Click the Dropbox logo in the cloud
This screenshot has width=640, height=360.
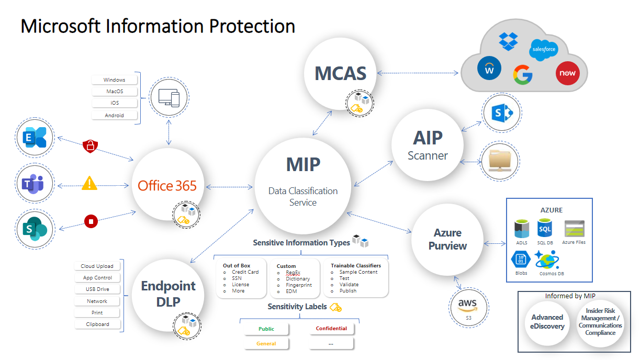pos(508,41)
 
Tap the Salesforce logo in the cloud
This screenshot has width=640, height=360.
pos(543,50)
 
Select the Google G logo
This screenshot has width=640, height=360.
pos(522,75)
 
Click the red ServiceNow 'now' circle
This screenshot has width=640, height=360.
pos(568,73)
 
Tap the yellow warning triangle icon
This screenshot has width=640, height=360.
pos(89,183)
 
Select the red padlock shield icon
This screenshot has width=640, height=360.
pos(91,146)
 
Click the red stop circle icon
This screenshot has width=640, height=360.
pos(91,221)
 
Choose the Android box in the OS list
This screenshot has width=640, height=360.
pos(115,115)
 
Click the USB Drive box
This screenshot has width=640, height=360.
pos(97,289)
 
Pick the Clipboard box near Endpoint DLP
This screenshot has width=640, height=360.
pos(97,324)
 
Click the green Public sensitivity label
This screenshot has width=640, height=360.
pos(266,329)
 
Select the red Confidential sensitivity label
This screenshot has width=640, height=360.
pos(331,329)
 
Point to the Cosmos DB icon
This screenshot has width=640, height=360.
pos(548,260)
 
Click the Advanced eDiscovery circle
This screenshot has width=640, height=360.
pos(547,322)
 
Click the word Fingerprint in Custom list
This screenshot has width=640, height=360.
pos(298,285)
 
